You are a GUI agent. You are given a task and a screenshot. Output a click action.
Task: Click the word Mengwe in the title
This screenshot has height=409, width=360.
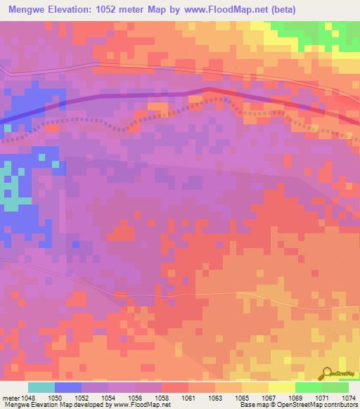click(25, 9)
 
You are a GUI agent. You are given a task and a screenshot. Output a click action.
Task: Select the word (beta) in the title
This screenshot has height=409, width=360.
click(279, 9)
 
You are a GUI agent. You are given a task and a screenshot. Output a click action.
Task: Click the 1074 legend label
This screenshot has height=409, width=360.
click(349, 397)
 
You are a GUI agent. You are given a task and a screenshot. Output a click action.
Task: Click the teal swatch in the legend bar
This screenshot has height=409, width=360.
click(41, 387)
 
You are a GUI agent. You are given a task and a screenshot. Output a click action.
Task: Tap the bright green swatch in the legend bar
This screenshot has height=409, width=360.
click(309, 387)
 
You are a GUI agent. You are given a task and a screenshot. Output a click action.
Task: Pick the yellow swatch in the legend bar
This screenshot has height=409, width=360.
click(282, 387)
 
